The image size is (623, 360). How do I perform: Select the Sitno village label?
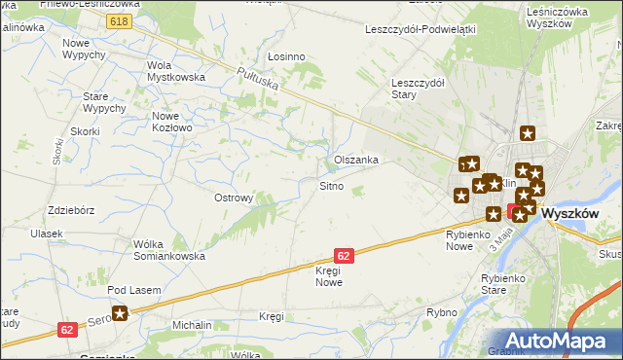(331, 186)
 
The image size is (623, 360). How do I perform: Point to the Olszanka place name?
(355, 159)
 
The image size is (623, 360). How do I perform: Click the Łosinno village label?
(286, 56)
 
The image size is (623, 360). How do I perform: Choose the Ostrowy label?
(234, 198)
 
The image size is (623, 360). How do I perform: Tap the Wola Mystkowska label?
(174, 71)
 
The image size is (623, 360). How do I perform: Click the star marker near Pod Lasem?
(120, 313)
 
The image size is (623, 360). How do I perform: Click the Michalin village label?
(192, 322)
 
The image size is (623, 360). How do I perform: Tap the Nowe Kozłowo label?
(172, 121)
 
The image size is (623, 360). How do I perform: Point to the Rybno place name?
(441, 312)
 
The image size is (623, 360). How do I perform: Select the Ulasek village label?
(46, 234)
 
